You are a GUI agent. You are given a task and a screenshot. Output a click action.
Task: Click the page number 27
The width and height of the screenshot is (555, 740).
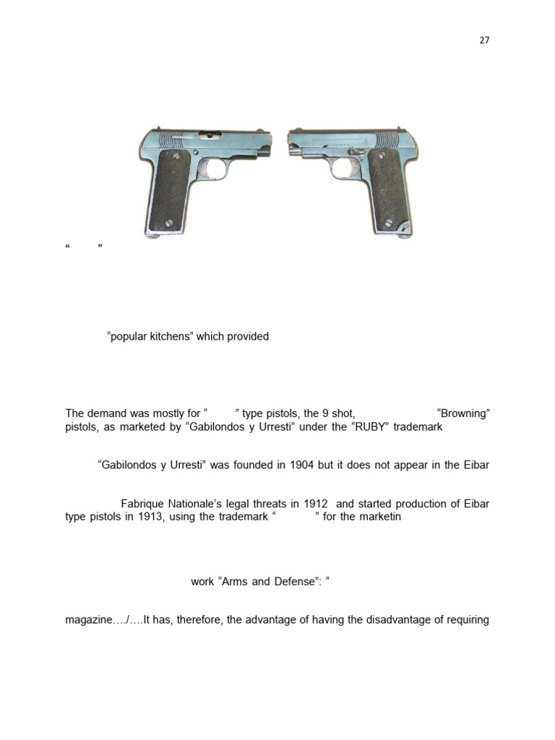pyautogui.click(x=484, y=40)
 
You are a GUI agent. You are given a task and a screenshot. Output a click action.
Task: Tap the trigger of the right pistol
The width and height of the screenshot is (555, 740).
pyautogui.click(x=346, y=171)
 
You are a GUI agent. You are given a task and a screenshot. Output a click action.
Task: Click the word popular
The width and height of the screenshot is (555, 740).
pyautogui.click(x=127, y=336)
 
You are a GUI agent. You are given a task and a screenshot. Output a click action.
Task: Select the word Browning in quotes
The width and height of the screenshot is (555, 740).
pyautogui.click(x=464, y=413)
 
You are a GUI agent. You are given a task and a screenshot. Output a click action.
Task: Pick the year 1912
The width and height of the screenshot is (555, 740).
pyautogui.click(x=313, y=504)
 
